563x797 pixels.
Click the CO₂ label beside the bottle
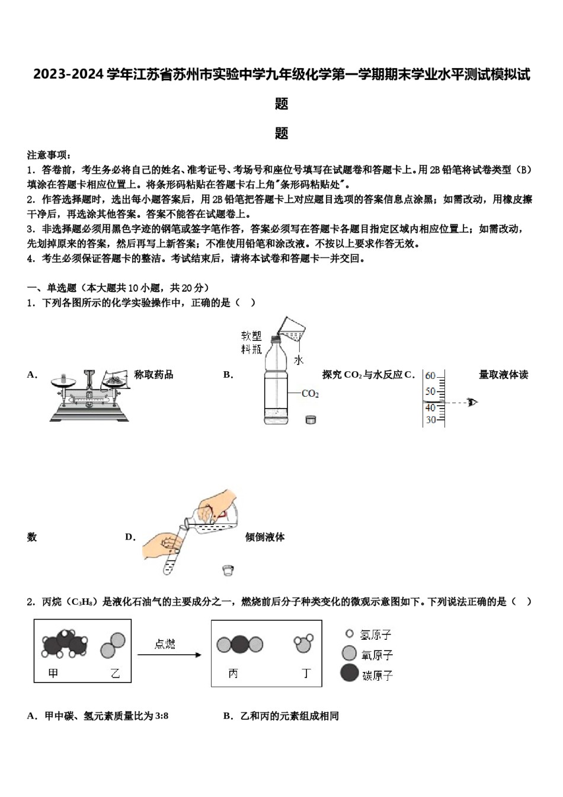click(x=310, y=394)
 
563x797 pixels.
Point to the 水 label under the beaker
click(x=298, y=360)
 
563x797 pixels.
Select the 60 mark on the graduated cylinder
click(x=430, y=375)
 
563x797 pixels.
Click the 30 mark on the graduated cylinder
click(x=430, y=419)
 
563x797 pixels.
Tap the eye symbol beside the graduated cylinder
click(x=472, y=403)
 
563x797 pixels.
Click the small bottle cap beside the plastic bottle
click(x=310, y=420)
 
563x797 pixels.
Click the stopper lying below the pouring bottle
click(x=228, y=570)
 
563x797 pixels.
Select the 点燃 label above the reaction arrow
click(x=165, y=644)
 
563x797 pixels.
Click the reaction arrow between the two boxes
click(x=169, y=655)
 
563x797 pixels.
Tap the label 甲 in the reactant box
click(x=53, y=673)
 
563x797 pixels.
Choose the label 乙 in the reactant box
click(x=114, y=673)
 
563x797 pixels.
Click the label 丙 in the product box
click(x=233, y=674)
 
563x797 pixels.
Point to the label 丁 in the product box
click(x=306, y=674)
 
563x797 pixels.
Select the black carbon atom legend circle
click(x=350, y=673)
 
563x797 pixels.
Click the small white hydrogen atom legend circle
click(x=349, y=634)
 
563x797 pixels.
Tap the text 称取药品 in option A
click(x=153, y=374)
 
